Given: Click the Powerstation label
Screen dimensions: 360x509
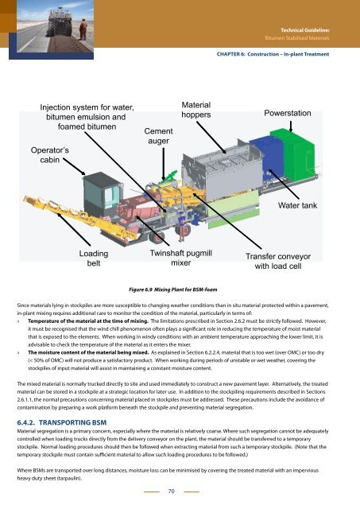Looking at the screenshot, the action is [288, 113].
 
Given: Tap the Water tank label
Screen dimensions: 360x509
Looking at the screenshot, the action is [297, 205].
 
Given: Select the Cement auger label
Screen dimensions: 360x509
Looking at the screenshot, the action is [158, 136].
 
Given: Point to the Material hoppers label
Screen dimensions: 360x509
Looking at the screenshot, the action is [195, 110].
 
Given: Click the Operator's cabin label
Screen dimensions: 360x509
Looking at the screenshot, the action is [49, 155].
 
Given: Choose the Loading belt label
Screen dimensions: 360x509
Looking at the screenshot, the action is [94, 258].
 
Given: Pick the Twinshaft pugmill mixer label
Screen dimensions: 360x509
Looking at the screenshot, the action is [180, 258].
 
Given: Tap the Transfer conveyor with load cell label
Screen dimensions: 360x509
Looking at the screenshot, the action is [278, 262].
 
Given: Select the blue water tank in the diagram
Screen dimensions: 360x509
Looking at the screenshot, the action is [266, 158].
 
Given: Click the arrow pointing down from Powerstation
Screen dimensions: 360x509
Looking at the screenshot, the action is [291, 126].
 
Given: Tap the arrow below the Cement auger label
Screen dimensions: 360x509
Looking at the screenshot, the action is [164, 164].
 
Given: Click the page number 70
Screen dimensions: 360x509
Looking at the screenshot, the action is [171, 492].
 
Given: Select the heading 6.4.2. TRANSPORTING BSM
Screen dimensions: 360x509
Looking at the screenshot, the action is [62, 422].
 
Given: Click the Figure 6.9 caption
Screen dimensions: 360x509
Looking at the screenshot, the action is [173, 289].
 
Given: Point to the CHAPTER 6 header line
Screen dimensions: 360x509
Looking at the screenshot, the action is [273, 54].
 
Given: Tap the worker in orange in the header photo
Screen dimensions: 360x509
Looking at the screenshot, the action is [83, 29].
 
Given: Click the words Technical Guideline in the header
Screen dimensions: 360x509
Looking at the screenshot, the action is [305, 30].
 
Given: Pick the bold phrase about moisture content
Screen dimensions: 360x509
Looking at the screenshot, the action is [88, 352].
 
